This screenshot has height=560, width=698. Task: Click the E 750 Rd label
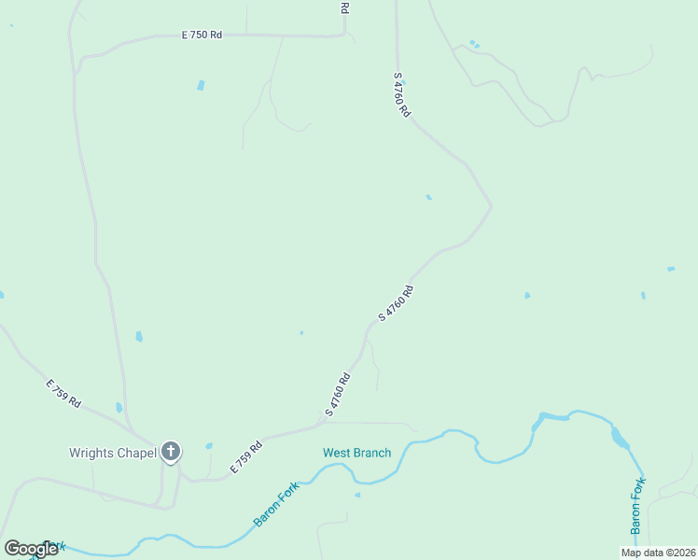(x=202, y=35)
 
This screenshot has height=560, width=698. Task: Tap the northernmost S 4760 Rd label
(x=402, y=94)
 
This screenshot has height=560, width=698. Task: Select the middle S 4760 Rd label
(x=396, y=304)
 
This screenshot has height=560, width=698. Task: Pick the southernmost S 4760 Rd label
(x=337, y=395)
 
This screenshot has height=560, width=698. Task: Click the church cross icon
(x=170, y=453)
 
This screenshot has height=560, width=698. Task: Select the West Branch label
(x=356, y=454)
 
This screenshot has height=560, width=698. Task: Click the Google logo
(x=31, y=549)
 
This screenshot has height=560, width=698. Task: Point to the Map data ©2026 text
(x=657, y=553)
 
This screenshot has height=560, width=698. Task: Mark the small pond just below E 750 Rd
(x=201, y=85)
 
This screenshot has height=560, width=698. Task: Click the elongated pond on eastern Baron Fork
(x=620, y=437)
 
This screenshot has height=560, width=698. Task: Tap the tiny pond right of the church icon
(x=208, y=446)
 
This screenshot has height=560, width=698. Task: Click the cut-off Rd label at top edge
(x=344, y=7)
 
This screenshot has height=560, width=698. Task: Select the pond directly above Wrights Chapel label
(x=119, y=407)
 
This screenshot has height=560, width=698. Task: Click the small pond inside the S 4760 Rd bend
(x=428, y=197)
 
